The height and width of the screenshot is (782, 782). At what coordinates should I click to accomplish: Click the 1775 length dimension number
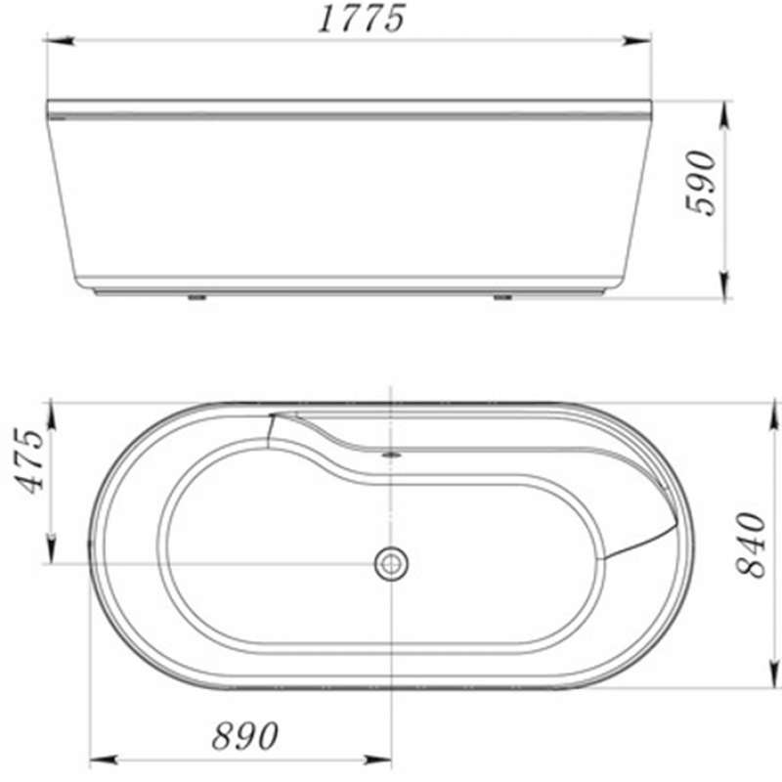pos(362,19)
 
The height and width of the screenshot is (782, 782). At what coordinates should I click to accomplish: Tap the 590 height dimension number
pos(701,183)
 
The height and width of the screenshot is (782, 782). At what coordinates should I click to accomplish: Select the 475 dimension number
pos(29,460)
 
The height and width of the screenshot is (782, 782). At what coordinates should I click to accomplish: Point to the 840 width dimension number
pos(751,544)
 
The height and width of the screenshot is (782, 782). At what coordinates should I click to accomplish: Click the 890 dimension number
pos(245,736)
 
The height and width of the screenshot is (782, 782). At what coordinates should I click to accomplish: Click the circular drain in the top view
pos(391,564)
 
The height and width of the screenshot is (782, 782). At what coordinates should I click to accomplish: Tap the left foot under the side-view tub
pos(197,298)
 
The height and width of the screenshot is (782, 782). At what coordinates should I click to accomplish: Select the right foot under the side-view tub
pos(503,298)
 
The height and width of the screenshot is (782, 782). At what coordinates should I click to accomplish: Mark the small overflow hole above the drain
pos(391,454)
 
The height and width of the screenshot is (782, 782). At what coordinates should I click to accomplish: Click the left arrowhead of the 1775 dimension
pos(60,41)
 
